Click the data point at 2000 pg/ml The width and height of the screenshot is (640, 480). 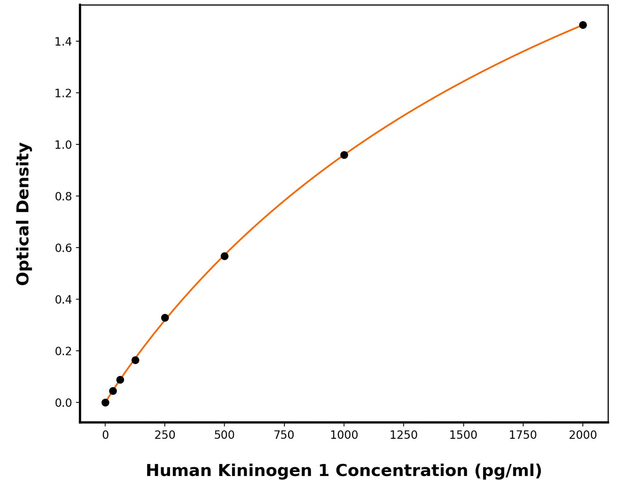coord(583,25)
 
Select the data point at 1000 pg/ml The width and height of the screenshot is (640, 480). coord(344,155)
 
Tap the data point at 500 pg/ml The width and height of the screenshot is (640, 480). coord(225,256)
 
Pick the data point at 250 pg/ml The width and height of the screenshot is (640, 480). coord(165,318)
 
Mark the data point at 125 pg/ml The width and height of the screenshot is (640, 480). coord(135,360)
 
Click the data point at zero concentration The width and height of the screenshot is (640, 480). coord(105,403)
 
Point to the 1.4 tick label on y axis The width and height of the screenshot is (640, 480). coord(63,42)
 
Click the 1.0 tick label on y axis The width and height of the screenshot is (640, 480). coord(63,145)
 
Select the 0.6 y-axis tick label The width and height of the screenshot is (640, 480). coord(63,248)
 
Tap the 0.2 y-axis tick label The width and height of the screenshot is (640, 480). coord(63,351)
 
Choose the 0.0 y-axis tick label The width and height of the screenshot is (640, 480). coord(63,403)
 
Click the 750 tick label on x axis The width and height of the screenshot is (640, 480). coord(284,435)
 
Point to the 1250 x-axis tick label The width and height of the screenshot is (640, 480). coord(403,435)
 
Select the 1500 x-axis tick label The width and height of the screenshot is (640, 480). coord(463,435)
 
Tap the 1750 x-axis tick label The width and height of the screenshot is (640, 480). coord(523,435)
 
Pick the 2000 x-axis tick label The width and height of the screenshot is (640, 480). coord(583,435)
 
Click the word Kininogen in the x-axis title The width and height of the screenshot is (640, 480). coord(265,471)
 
